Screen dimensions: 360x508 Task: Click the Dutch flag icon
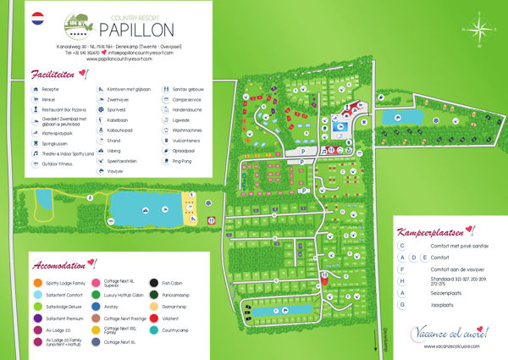[x=38, y=17]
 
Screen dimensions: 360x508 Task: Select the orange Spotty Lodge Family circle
[x=36, y=282]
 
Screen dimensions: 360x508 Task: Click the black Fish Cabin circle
[x=154, y=282]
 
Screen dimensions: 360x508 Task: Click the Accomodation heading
[x=64, y=262]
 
